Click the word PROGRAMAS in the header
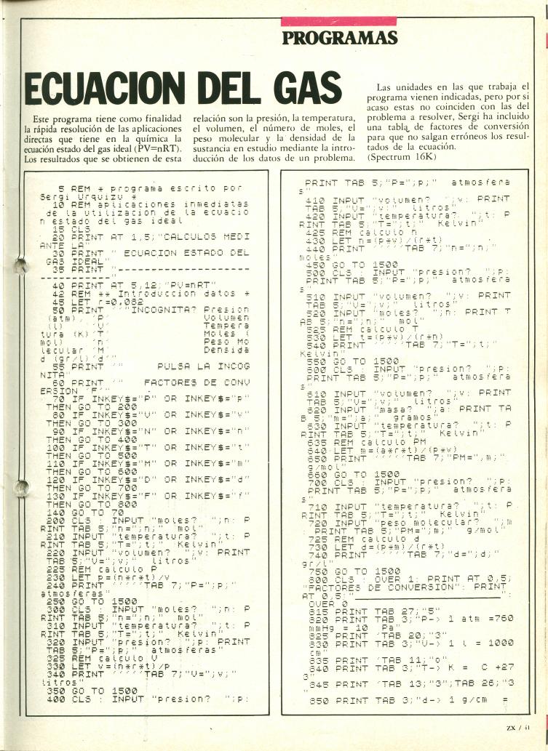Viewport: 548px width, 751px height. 339,38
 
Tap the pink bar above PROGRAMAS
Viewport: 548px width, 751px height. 338,20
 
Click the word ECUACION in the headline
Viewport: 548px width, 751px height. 108,89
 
